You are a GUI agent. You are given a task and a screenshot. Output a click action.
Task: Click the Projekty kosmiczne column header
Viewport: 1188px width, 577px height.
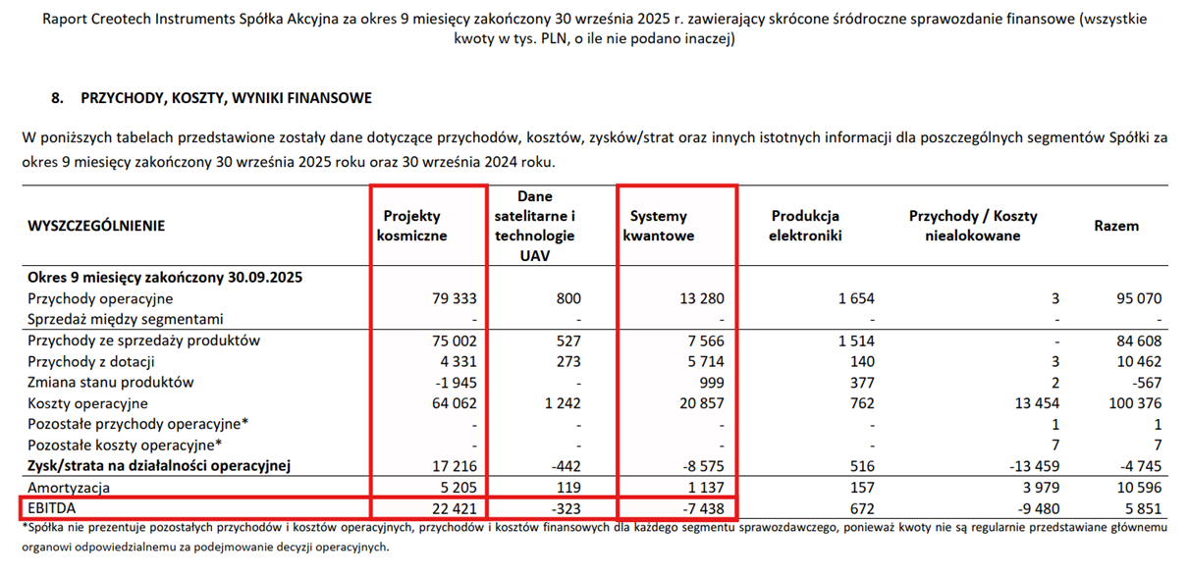[x=412, y=226]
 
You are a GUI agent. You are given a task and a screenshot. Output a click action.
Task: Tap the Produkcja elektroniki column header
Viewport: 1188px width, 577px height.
[x=805, y=226]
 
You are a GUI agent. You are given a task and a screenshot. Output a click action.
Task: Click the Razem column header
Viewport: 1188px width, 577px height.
[x=1116, y=226]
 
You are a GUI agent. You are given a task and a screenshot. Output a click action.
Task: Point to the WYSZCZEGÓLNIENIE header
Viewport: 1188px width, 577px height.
[x=97, y=226]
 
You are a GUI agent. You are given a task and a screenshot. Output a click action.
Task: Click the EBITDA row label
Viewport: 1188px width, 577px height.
[x=51, y=508]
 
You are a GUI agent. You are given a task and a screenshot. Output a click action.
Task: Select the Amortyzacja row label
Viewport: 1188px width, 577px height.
[x=69, y=488]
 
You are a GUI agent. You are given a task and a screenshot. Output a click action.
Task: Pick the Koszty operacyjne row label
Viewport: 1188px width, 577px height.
[x=87, y=403]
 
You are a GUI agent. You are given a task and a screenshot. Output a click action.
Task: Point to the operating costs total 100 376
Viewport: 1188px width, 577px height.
[x=1136, y=403]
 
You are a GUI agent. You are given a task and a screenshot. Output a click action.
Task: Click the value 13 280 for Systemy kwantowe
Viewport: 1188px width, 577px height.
[x=700, y=298]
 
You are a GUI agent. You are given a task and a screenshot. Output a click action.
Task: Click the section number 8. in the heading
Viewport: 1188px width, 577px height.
[x=57, y=98]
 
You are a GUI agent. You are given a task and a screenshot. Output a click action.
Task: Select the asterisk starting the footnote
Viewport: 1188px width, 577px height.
[x=25, y=528]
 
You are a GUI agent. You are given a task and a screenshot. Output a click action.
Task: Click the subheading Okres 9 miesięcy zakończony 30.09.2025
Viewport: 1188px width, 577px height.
[x=164, y=278]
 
